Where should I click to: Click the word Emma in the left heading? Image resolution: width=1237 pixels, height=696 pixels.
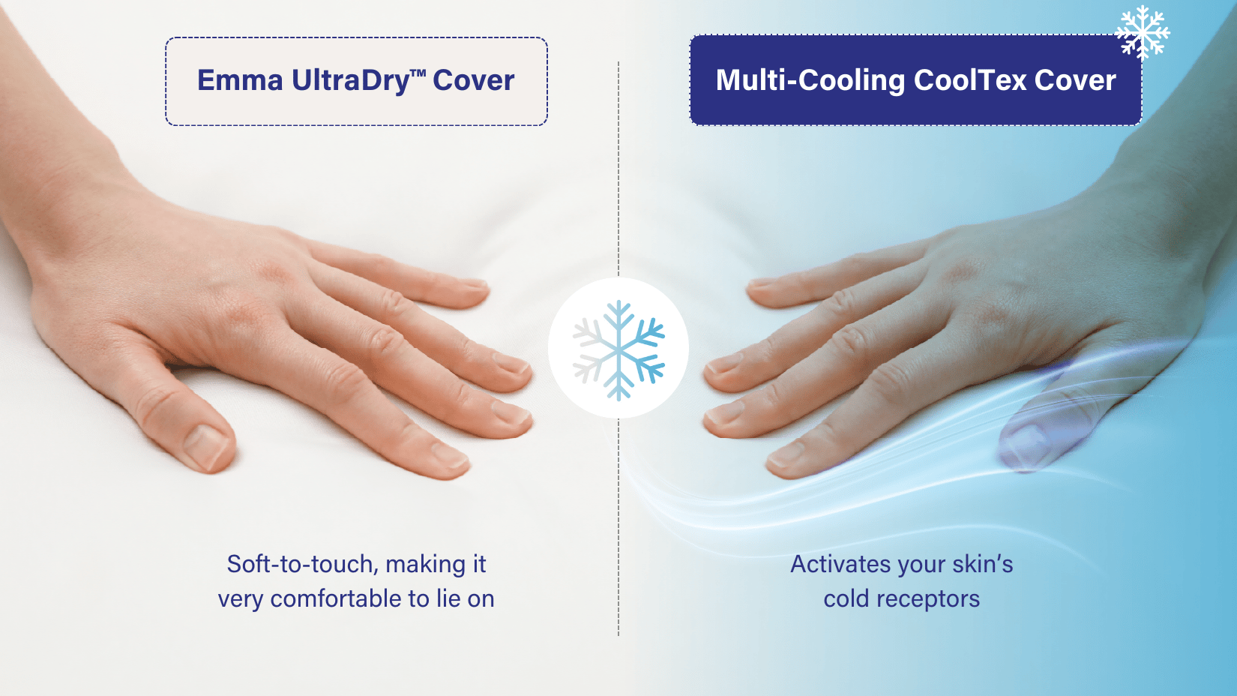240,81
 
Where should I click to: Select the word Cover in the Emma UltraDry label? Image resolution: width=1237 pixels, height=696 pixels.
473,81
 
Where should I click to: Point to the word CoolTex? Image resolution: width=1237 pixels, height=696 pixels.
969,81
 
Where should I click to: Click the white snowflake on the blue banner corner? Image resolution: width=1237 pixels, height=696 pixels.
1142,32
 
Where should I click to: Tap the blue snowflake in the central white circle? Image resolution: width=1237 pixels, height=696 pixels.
618,350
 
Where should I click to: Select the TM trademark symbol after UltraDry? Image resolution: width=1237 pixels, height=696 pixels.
418,73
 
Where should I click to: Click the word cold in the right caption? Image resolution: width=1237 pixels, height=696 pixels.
846,598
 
